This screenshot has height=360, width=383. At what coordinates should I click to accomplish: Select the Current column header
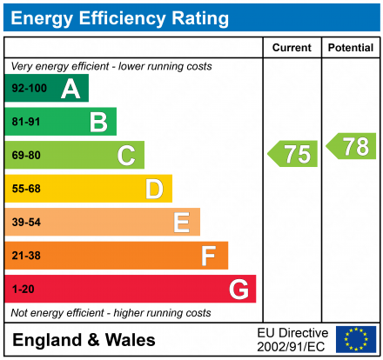tap(292, 48)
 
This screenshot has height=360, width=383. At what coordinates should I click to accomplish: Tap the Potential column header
tap(350, 48)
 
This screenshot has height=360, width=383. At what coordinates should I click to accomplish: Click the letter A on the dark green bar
tap(71, 89)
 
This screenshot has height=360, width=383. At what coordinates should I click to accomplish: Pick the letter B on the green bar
tap(98, 123)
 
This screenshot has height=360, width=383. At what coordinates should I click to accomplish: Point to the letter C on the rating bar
tap(126, 156)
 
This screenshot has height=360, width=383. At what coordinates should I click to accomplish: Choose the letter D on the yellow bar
tap(154, 189)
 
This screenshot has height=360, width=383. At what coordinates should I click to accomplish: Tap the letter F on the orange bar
tap(209, 256)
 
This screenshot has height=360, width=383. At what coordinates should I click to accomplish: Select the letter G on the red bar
tap(238, 289)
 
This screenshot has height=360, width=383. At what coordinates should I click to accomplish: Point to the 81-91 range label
tap(26, 123)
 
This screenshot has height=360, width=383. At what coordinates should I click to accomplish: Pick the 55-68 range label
tap(26, 189)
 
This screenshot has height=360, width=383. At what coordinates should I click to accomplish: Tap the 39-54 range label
tap(26, 223)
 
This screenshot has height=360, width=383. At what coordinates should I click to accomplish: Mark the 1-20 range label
tap(23, 289)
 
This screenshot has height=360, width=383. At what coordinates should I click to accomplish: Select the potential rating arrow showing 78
tap(352, 146)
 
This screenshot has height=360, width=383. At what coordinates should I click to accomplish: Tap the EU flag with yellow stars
tap(356, 339)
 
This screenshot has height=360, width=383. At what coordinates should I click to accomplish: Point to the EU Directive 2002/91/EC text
tap(292, 339)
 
